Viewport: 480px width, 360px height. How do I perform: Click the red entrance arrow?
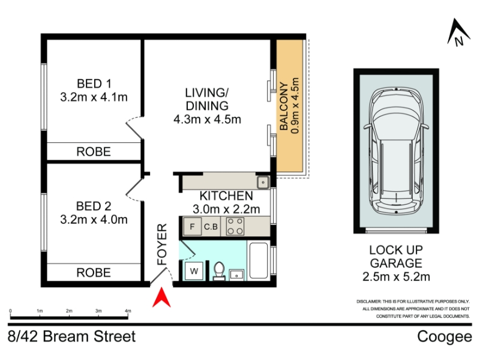[x=161, y=298]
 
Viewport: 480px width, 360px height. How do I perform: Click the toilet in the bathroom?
[x=219, y=271]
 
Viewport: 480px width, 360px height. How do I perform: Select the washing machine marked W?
[x=194, y=271]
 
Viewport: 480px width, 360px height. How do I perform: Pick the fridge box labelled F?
[x=192, y=227]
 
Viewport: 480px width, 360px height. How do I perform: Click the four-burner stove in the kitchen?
[x=235, y=227]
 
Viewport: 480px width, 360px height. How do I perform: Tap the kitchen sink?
[x=263, y=183]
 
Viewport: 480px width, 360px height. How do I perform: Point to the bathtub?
[x=259, y=260]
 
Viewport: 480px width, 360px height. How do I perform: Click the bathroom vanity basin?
[x=236, y=275]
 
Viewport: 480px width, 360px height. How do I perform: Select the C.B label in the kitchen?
[x=211, y=227]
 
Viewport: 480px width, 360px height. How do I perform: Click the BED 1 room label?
[x=94, y=83]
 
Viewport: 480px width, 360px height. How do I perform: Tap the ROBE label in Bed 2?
[x=94, y=272]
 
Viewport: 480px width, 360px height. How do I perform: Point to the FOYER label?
[x=162, y=244]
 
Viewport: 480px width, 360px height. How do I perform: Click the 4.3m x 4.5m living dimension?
[x=207, y=119]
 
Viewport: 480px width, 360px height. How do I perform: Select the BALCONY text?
[x=284, y=106]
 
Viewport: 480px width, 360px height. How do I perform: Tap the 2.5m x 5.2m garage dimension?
[x=396, y=277]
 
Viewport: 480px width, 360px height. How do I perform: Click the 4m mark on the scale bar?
[x=128, y=311]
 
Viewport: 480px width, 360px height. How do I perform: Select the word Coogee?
[x=445, y=337]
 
